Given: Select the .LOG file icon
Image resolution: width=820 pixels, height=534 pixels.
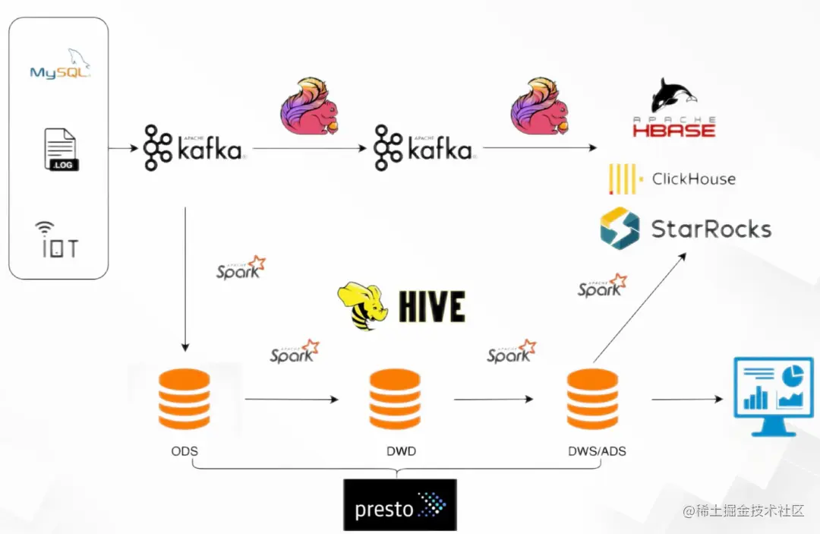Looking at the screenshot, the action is tap(60, 149).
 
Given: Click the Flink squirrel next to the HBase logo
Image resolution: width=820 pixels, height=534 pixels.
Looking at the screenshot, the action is tap(540, 106).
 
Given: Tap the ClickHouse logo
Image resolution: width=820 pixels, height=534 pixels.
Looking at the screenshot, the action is tap(672, 179).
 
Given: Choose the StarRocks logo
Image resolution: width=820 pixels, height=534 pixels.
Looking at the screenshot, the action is tap(685, 229).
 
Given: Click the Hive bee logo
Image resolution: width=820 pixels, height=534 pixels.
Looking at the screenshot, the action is tap(402, 306).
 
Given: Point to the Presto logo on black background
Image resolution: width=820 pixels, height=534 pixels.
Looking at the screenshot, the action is tap(400, 505).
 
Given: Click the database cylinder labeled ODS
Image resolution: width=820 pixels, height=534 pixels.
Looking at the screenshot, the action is tap(184, 400).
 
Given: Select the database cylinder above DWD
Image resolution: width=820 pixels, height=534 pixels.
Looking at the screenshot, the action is tap(394, 400).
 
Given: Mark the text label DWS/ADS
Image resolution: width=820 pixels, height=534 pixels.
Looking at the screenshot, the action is tap(597, 451).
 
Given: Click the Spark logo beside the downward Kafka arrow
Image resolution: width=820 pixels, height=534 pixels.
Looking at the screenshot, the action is tap(241, 268).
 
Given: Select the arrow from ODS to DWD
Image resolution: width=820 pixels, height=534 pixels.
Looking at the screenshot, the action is tap(292, 399).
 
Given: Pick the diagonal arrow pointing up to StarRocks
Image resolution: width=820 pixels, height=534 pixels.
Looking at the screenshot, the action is tap(639, 308).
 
